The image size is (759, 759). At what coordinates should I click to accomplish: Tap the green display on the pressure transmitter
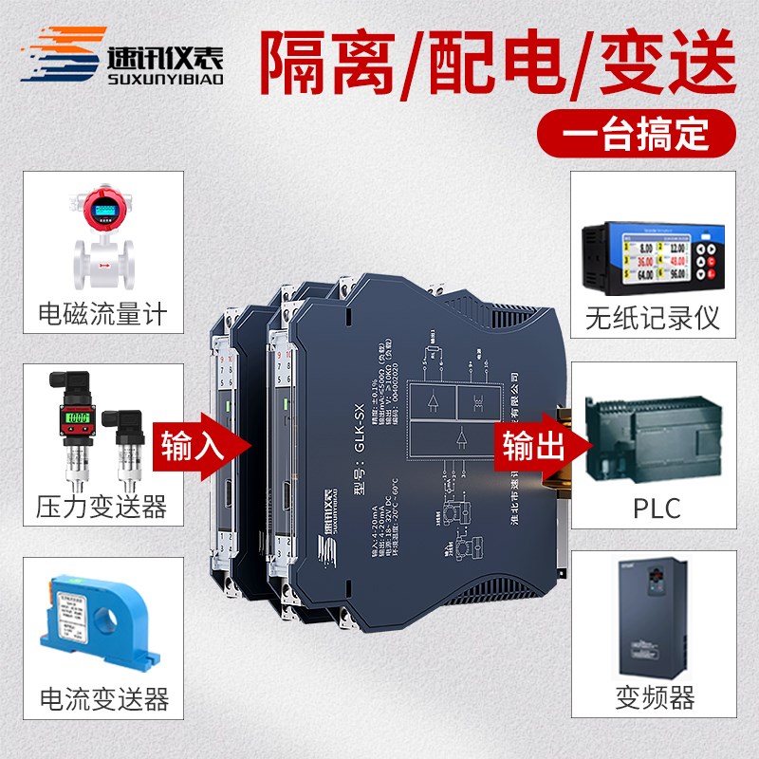pos(75,418)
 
